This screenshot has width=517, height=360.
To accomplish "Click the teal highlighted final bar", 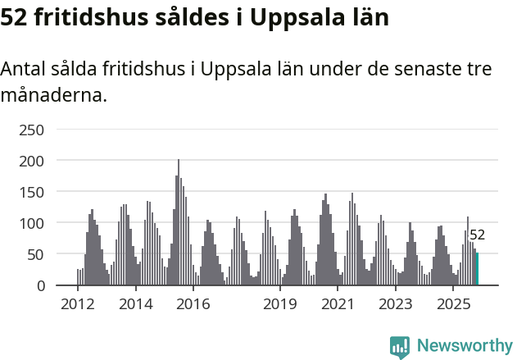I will [477, 270].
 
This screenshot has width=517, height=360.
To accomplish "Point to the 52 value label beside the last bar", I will [477, 235].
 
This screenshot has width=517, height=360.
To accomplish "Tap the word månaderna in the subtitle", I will [53, 95].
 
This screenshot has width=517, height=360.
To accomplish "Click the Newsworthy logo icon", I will [400, 347].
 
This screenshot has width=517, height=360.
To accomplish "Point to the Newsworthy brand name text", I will [465, 346].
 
